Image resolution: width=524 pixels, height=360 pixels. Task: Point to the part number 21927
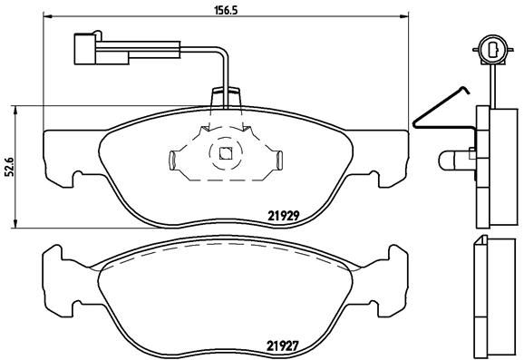point(284,344)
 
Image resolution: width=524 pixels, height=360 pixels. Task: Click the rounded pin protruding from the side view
point(451,161)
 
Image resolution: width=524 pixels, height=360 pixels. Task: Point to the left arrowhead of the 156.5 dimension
point(48,17)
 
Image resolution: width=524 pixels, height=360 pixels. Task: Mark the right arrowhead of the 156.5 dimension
point(404,17)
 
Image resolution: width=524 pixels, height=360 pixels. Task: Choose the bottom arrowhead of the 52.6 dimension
point(20,224)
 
